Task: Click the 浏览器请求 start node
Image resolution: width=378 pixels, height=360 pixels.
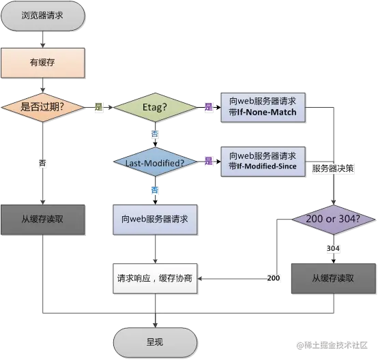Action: pyautogui.click(x=44, y=17)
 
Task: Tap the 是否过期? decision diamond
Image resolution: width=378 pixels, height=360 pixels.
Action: pyautogui.click(x=43, y=107)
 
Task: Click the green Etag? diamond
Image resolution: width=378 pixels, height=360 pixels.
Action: pyautogui.click(x=156, y=107)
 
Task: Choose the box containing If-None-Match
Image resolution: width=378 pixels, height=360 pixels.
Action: pyautogui.click(x=263, y=107)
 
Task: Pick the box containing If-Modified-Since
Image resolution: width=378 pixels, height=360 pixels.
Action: pyautogui.click(x=263, y=161)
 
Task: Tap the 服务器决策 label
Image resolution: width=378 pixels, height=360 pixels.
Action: pyautogui.click(x=333, y=168)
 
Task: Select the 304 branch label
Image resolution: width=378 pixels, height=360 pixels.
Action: pyautogui.click(x=333, y=249)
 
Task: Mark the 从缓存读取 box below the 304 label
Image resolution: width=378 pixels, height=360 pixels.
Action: pyautogui.click(x=333, y=278)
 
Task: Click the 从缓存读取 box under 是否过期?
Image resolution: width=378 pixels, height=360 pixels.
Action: pyautogui.click(x=43, y=219)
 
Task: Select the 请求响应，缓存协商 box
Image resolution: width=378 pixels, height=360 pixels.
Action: pyautogui.click(x=155, y=278)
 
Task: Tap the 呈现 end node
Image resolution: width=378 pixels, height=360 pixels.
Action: pyautogui.click(x=156, y=342)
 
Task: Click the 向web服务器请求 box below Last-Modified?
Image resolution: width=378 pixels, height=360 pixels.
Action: pyautogui.click(x=155, y=220)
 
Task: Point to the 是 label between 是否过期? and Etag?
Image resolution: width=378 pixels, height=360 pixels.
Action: pyautogui.click(x=98, y=107)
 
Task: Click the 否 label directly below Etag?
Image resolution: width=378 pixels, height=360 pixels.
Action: pyautogui.click(x=155, y=134)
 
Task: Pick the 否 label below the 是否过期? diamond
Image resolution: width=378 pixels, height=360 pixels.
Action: pyautogui.click(x=43, y=163)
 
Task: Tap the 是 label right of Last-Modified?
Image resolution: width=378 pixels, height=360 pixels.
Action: pyautogui.click(x=208, y=161)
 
